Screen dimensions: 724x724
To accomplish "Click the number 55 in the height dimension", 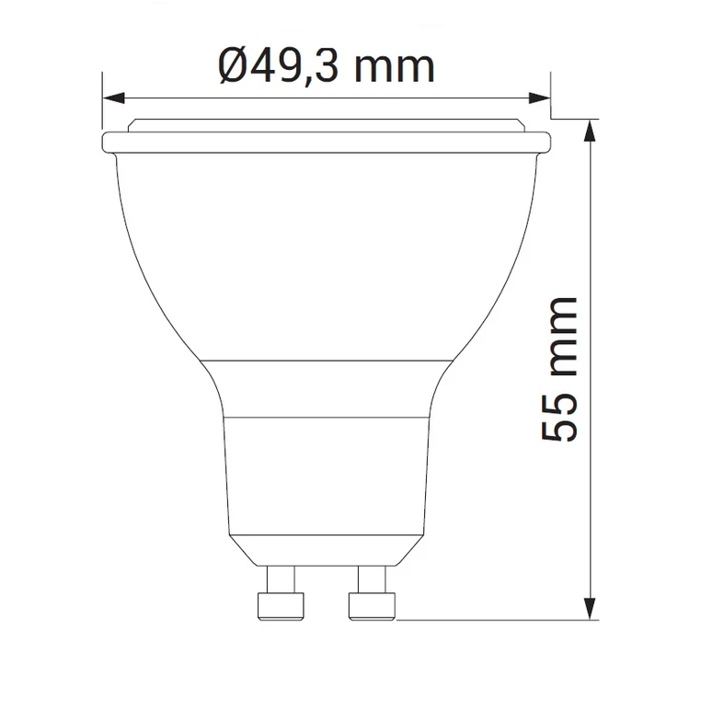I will click(x=558, y=420).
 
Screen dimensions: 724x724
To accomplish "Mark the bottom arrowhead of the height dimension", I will click(x=591, y=608).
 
